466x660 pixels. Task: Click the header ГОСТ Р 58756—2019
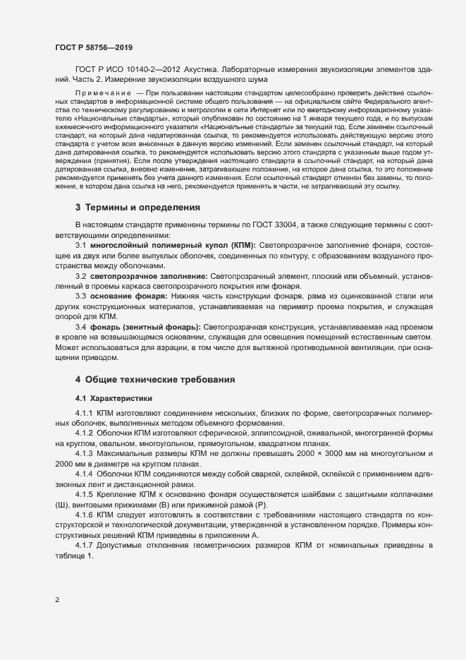[94, 47]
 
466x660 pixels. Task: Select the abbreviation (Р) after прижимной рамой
[259, 504]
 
